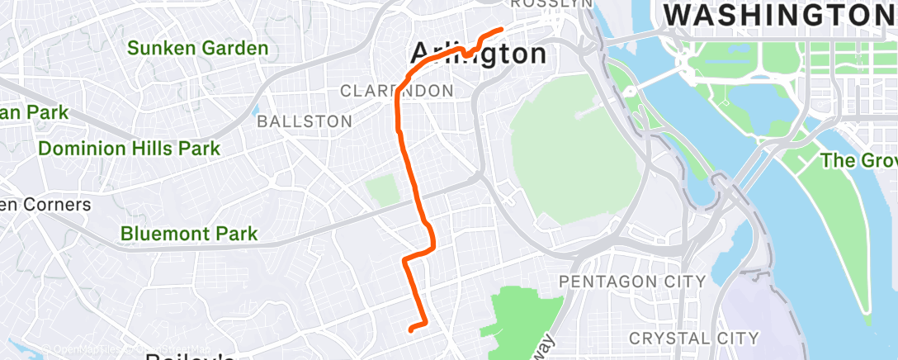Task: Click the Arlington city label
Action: [479, 54]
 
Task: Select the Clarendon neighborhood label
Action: [396, 90]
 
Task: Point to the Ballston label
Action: [305, 121]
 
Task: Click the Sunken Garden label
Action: [198, 49]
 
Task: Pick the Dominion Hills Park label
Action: [130, 149]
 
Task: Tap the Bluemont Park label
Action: [189, 234]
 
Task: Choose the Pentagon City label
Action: [632, 282]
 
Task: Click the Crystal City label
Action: [693, 338]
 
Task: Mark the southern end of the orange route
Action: [411, 329]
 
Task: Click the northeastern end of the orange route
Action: [502, 30]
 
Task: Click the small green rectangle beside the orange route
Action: [382, 189]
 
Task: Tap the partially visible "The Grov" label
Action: [859, 161]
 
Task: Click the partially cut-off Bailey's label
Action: [190, 356]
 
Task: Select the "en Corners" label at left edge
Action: [45, 204]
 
